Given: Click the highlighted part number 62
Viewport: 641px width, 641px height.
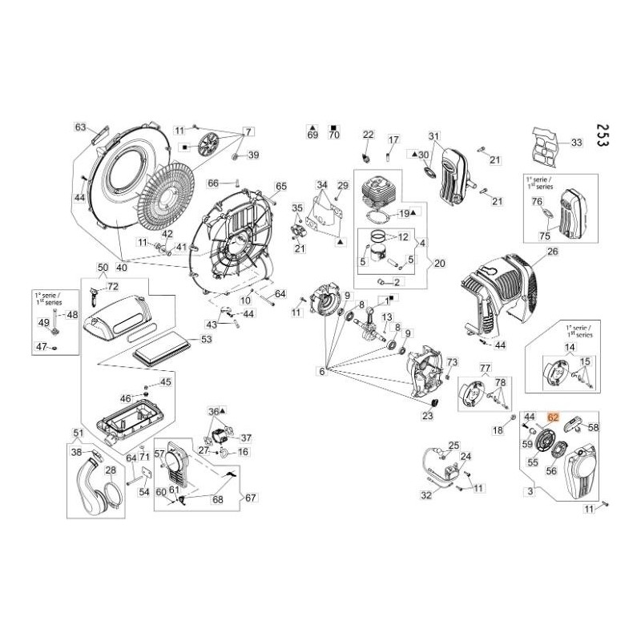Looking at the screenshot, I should tap(553, 417).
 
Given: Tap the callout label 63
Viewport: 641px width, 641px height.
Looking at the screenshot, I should tap(80, 127).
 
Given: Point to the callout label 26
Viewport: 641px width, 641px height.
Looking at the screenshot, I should tap(552, 252).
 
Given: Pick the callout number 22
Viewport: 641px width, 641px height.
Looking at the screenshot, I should tap(368, 134).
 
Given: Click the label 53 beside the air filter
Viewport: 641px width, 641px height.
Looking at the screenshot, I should tap(207, 340).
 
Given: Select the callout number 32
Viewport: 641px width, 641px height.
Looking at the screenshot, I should tap(426, 495).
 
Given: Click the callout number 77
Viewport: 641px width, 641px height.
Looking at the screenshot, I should tap(484, 368).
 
